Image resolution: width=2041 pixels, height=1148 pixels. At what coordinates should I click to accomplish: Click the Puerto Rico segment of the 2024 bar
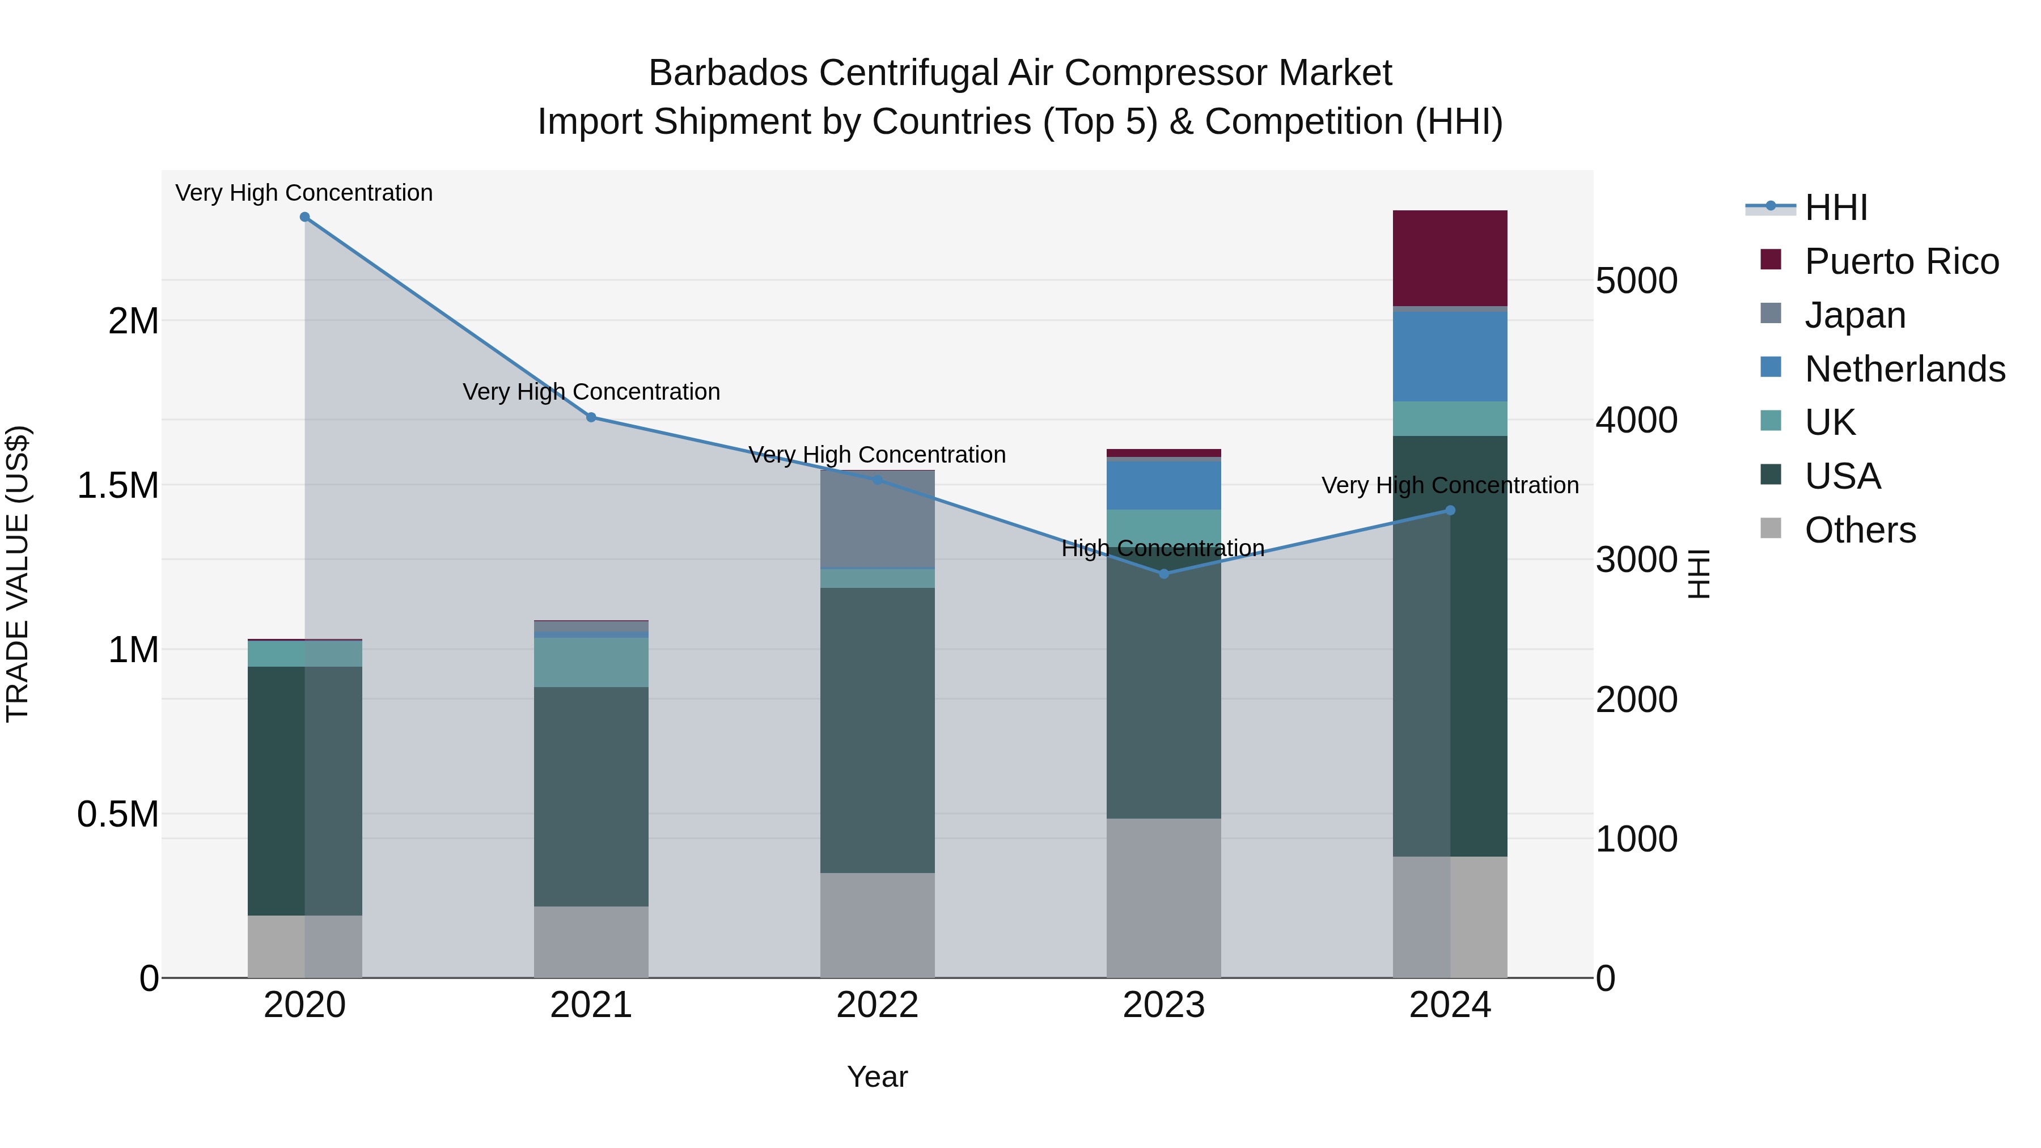pos(1450,259)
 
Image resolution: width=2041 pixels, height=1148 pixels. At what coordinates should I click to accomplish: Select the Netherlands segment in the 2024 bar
pos(1450,357)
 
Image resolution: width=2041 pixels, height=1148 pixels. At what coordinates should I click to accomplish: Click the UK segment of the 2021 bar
pos(591,662)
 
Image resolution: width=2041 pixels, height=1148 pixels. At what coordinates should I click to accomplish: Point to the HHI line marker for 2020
pos(305,217)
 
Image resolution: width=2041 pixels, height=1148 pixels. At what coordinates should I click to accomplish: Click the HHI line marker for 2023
pos(1164,574)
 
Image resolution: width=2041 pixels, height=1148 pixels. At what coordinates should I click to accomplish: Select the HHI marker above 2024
pos(1450,511)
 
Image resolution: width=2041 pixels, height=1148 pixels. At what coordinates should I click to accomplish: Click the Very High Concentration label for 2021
pos(591,392)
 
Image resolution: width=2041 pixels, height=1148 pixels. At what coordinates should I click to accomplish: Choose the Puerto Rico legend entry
pos(1901,261)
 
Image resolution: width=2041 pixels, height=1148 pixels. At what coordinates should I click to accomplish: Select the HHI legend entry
pos(1835,207)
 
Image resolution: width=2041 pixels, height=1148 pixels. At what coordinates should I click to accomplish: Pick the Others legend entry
pos(1859,530)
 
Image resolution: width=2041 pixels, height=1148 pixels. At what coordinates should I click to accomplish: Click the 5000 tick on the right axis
pos(1636,281)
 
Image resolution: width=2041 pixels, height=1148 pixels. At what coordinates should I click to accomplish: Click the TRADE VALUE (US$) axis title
pos(18,574)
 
